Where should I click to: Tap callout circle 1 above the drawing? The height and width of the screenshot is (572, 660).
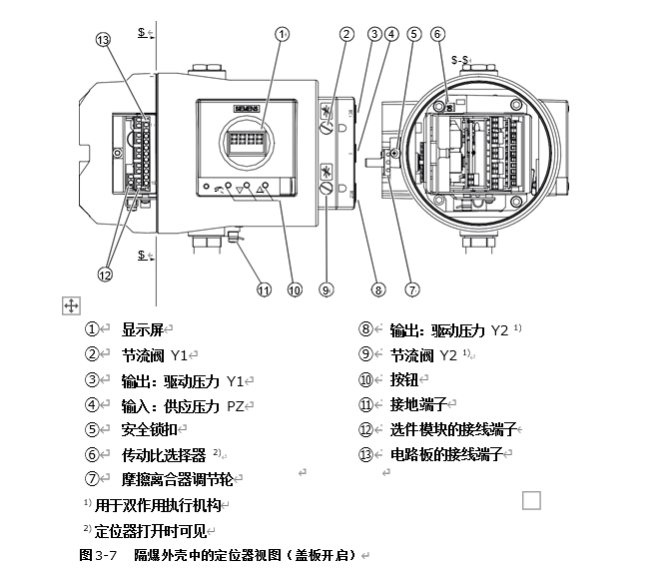click(x=283, y=33)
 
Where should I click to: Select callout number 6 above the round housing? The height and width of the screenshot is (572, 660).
click(x=437, y=34)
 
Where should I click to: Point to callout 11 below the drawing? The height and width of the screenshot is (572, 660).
click(x=264, y=290)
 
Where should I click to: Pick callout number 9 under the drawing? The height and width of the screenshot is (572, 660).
click(x=326, y=290)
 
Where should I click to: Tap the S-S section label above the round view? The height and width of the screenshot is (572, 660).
click(x=460, y=60)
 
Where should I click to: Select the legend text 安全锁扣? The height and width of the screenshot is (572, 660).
click(x=149, y=429)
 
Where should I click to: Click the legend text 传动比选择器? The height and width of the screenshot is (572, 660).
click(x=164, y=454)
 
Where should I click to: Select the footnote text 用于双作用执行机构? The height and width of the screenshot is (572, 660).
click(x=160, y=506)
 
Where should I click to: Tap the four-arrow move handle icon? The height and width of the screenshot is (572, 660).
click(x=71, y=304)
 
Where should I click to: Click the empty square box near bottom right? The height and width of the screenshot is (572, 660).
click(x=531, y=500)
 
